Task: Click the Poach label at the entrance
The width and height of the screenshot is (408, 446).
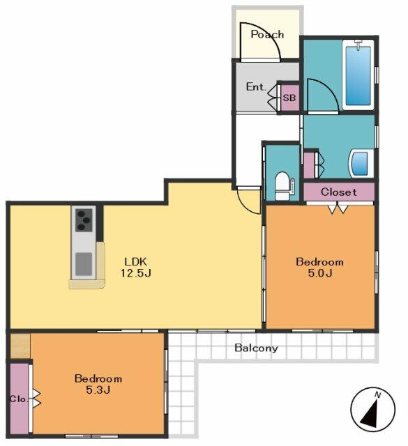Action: (267, 34)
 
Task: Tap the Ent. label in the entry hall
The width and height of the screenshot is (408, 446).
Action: (256, 86)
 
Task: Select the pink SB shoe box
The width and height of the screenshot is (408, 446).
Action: (289, 98)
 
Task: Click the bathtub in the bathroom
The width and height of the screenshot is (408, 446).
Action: (358, 75)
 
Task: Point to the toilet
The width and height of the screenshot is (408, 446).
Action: (282, 186)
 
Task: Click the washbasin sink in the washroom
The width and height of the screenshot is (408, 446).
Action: (361, 164)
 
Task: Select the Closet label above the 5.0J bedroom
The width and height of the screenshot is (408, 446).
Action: (338, 192)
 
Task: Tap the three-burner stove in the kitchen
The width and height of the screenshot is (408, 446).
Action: (84, 220)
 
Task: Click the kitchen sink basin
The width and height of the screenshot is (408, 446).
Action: (84, 264)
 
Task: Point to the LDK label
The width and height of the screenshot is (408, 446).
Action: (136, 261)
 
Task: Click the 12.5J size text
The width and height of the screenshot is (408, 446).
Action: (136, 273)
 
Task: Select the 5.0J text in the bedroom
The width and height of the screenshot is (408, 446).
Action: (319, 273)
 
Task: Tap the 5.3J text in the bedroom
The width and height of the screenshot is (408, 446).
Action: (98, 390)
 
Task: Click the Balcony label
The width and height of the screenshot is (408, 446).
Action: (256, 348)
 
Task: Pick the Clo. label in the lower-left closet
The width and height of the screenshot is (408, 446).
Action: (19, 399)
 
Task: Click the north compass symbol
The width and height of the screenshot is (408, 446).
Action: (372, 409)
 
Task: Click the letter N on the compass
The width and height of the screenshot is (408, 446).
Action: (378, 395)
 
